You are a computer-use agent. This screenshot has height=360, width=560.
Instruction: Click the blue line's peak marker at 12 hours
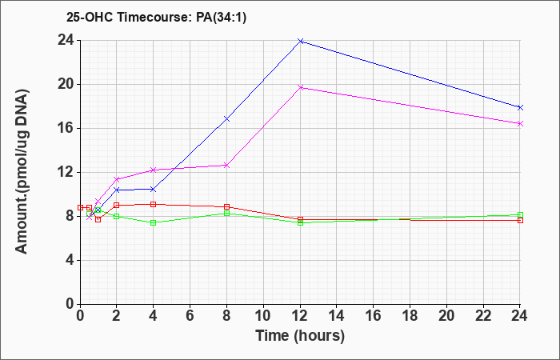pyautogui.click(x=300, y=41)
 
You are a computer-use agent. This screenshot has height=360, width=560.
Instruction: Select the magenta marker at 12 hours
pyautogui.click(x=300, y=87)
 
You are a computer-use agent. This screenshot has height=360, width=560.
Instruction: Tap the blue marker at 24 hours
pyautogui.click(x=520, y=107)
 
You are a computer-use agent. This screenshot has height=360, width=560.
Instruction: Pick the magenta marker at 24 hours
pyautogui.click(x=520, y=123)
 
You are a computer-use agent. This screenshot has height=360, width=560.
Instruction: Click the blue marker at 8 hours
pyautogui.click(x=226, y=119)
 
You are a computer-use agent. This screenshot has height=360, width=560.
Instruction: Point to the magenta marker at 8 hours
pyautogui.click(x=226, y=166)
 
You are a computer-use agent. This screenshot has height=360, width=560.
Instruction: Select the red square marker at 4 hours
pyautogui.click(x=154, y=204)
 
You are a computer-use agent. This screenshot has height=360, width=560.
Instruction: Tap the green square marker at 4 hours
pyautogui.click(x=154, y=223)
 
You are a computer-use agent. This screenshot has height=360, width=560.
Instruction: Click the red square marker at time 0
pyautogui.click(x=80, y=207)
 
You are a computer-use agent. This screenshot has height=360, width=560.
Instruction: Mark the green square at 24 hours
pyautogui.click(x=520, y=215)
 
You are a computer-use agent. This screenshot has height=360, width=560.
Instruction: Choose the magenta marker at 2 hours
pyautogui.click(x=117, y=179)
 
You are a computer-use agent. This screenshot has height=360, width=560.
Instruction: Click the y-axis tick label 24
pyautogui.click(x=66, y=41)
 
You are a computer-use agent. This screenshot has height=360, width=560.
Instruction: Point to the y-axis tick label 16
pyautogui.click(x=66, y=129)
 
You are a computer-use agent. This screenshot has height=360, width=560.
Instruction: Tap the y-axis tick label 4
pyautogui.click(x=70, y=260)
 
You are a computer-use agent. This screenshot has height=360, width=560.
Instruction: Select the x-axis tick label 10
pyautogui.click(x=263, y=316)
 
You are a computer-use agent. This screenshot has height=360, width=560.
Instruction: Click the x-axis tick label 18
pyautogui.click(x=410, y=316)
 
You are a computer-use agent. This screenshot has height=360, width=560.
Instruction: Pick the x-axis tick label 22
pyautogui.click(x=483, y=316)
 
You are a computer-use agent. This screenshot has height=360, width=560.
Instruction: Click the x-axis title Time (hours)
pyautogui.click(x=300, y=336)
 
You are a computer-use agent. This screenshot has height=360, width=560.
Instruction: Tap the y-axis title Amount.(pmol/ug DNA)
pyautogui.click(x=22, y=171)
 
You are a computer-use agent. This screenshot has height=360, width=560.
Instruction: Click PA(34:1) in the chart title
pyautogui.click(x=222, y=18)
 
